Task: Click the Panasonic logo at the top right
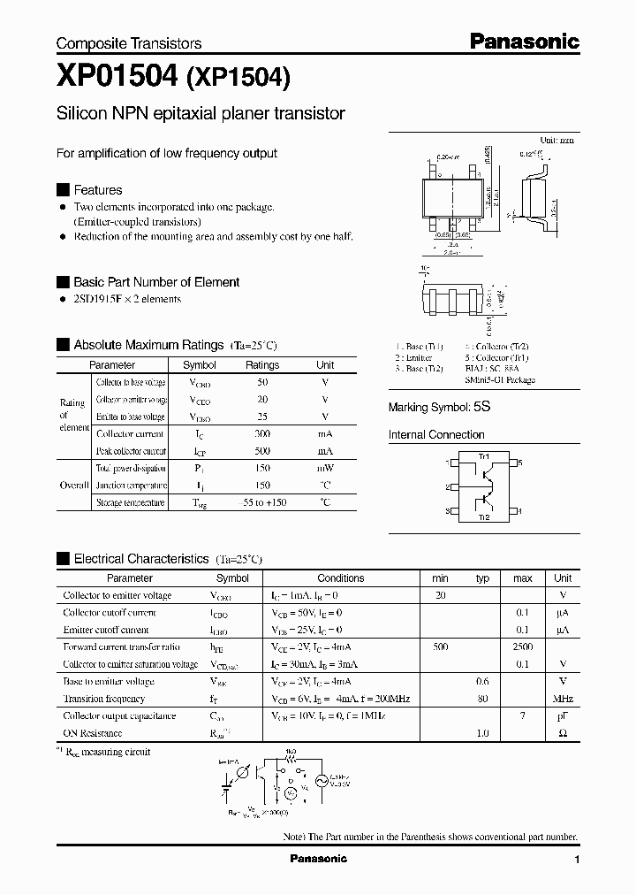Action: (524, 41)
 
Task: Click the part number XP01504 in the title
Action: (117, 79)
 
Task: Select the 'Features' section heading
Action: (97, 190)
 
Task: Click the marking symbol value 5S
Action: (481, 408)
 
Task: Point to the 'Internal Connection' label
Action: (436, 435)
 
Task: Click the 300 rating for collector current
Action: (262, 434)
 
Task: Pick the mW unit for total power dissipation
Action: (325, 469)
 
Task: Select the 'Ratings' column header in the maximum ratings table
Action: (262, 365)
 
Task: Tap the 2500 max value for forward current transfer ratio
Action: (523, 647)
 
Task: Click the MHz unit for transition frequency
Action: (563, 699)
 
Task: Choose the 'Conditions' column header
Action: (340, 578)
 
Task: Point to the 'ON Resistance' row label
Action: (93, 733)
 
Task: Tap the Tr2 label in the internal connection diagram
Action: (483, 517)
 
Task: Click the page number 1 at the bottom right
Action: (576, 860)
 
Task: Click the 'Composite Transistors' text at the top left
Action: (129, 43)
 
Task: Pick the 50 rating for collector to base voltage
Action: (262, 382)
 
